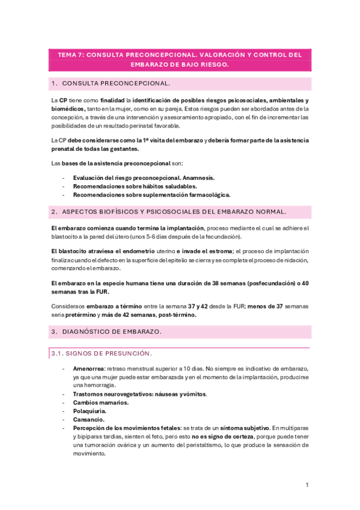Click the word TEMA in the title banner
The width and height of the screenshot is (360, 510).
[67, 54]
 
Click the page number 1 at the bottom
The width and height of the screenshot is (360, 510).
[307, 485]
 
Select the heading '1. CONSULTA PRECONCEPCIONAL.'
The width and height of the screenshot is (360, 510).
[111, 83]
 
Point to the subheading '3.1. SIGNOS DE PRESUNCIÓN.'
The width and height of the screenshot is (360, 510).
[102, 352]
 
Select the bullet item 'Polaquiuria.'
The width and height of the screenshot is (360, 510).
[89, 411]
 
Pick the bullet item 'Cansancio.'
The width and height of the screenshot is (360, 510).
[88, 419]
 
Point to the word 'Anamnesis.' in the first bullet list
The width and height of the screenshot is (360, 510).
[198, 178]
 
